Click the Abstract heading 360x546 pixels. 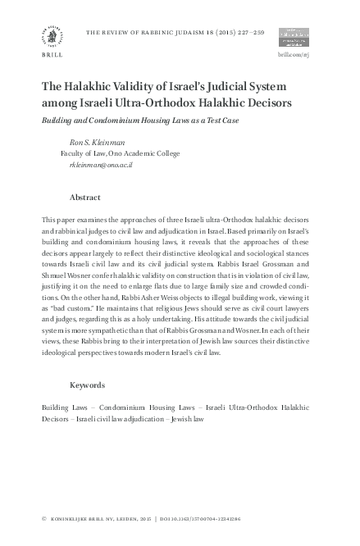[x=85, y=198]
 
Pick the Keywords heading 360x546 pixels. [x=87, y=384]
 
